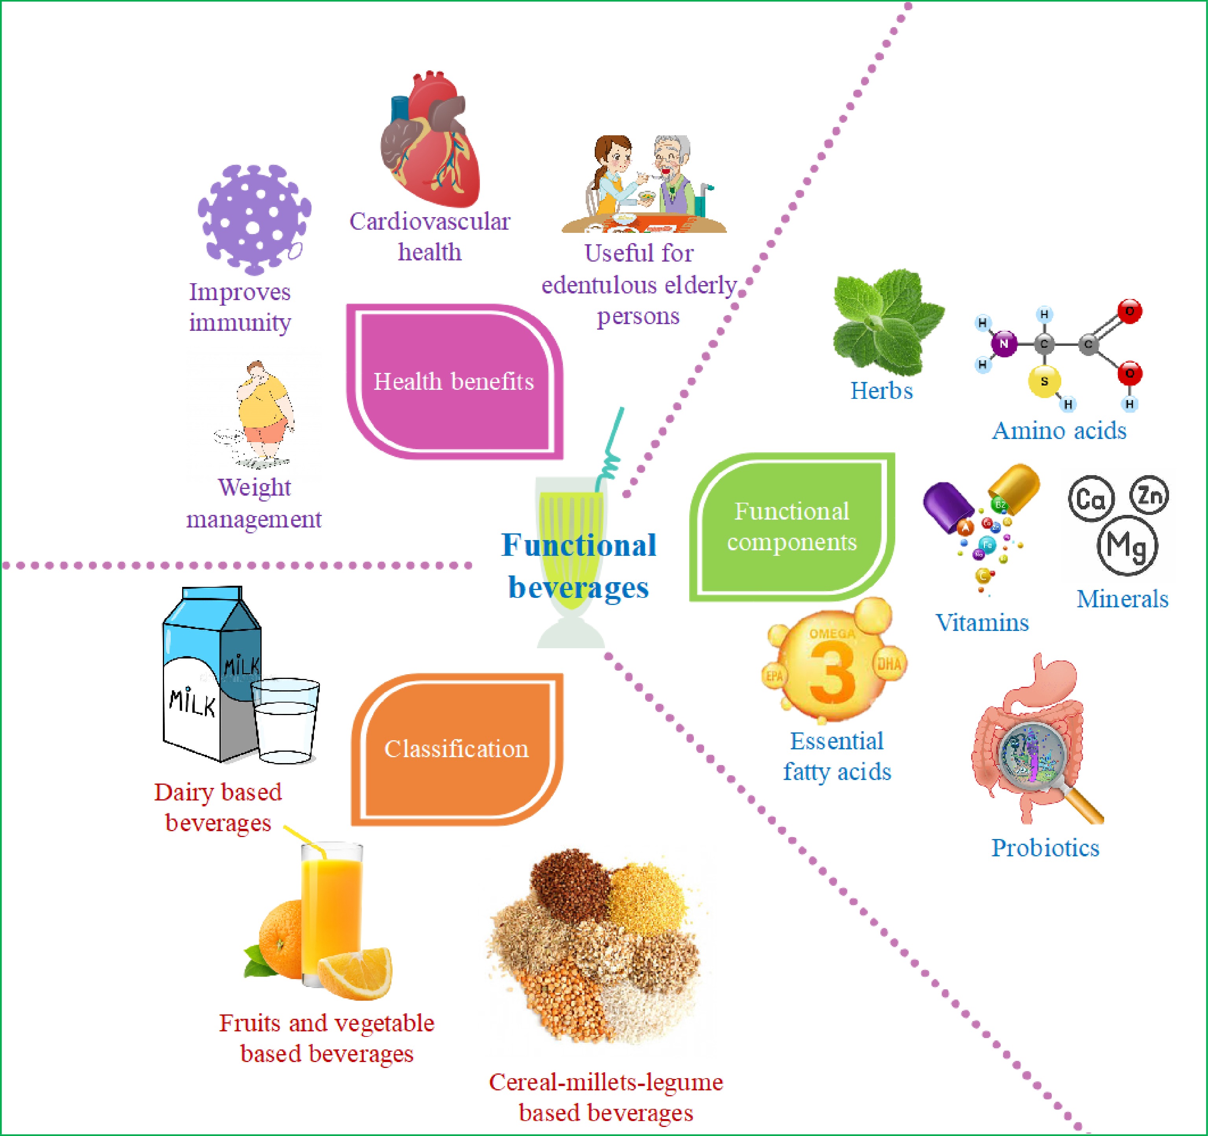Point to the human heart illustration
[x=430, y=143]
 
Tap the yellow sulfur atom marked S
[x=1044, y=382]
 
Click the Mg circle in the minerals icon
[x=1127, y=546]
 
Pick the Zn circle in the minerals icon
[x=1149, y=495]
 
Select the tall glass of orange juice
[x=331, y=911]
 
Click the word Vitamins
[x=982, y=623]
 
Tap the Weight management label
[x=254, y=503]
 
